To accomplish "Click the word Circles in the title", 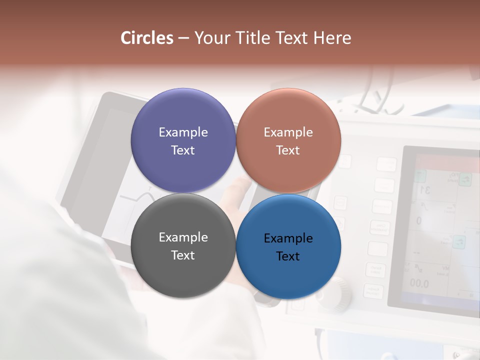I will point(146,38).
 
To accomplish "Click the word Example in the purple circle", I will point(183,132).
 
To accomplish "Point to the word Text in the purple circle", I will point(183,150).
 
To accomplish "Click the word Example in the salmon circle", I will point(288,132).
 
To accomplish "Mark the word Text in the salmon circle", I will point(288,150).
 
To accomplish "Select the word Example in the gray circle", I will point(183,237).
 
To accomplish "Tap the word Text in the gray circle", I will point(183,255).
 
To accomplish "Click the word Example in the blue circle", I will point(288,238).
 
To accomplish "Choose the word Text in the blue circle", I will point(288,256).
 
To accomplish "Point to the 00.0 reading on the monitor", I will point(419,283).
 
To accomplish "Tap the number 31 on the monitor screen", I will point(425,189).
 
